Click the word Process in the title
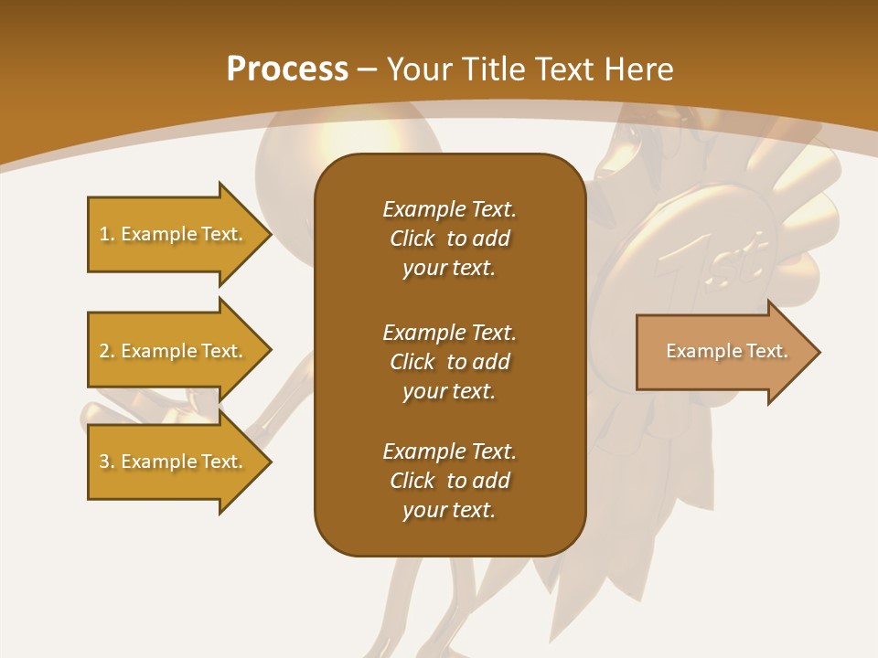[x=287, y=69]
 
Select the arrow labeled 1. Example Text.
[x=174, y=234]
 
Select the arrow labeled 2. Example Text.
[x=174, y=351]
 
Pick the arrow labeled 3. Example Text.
[x=174, y=462]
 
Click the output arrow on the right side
[x=723, y=352]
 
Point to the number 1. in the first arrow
[x=107, y=234]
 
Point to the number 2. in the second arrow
[x=107, y=351]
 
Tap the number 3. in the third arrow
[x=107, y=462]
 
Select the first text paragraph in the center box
[x=449, y=239]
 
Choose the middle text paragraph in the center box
[x=449, y=361]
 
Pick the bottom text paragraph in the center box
[x=449, y=481]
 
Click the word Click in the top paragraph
[x=412, y=239]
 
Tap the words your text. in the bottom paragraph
[x=449, y=510]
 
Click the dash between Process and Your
[x=367, y=69]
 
